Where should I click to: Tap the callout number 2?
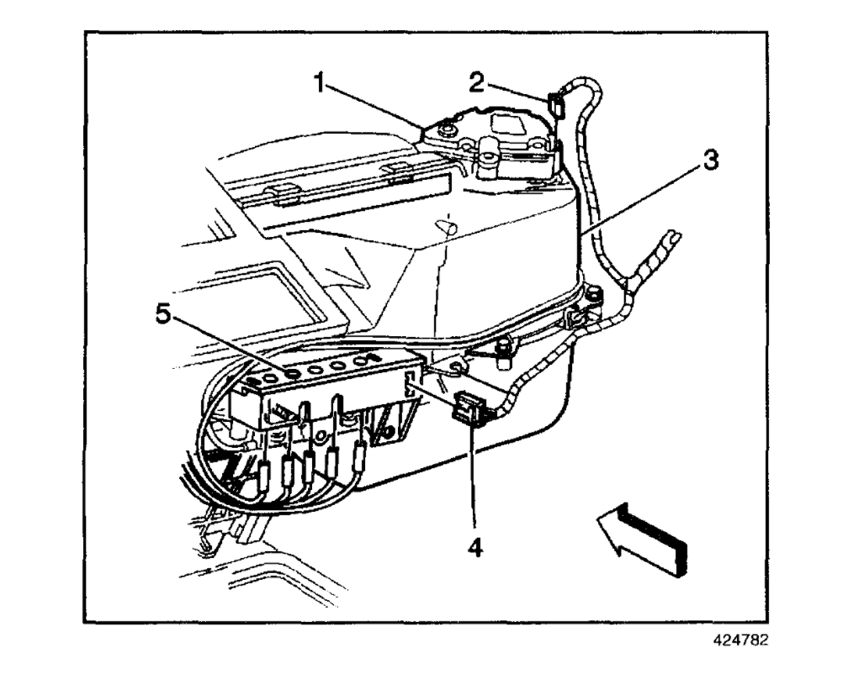coord(476,82)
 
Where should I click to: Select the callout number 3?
coord(711,160)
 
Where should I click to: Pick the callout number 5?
coord(164,315)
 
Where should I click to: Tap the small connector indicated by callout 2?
coord(555,104)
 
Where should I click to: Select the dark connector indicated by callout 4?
coord(467,408)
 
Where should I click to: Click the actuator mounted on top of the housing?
coord(496,143)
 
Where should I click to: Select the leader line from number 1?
coord(375,106)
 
